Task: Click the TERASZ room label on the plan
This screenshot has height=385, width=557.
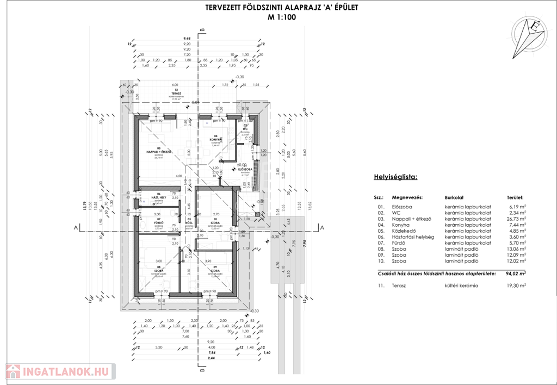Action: pyautogui.click(x=160, y=94)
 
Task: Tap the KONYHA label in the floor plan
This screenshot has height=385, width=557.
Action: pyautogui.click(x=215, y=139)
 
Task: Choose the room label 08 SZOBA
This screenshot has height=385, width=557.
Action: pyautogui.click(x=159, y=270)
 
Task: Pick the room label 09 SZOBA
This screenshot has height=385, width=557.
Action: pyautogui.click(x=215, y=270)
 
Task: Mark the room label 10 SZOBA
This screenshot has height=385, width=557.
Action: pyautogui.click(x=215, y=222)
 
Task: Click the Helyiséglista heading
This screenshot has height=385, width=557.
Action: pyautogui.click(x=395, y=177)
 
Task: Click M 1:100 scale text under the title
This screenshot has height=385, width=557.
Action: pyautogui.click(x=281, y=17)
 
